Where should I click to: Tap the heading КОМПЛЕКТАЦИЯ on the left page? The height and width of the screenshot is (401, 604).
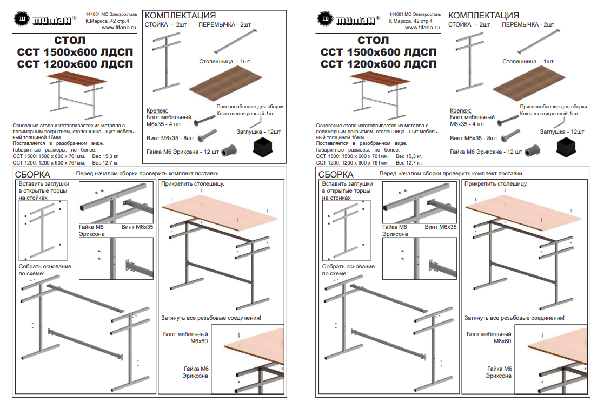pos(181,15)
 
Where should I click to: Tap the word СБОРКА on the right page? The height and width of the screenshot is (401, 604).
pos(336,174)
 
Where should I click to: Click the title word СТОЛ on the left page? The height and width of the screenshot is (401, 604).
pos(69,41)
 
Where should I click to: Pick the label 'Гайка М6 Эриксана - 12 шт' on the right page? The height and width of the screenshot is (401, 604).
pos(487,152)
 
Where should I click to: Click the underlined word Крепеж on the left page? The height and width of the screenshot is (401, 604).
pos(157,110)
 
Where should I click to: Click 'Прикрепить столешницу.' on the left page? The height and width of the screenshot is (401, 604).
pos(193,184)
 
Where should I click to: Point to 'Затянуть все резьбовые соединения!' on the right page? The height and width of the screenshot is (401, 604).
pos(514,318)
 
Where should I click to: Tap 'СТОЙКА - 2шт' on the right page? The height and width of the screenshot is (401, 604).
pos(469,25)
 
